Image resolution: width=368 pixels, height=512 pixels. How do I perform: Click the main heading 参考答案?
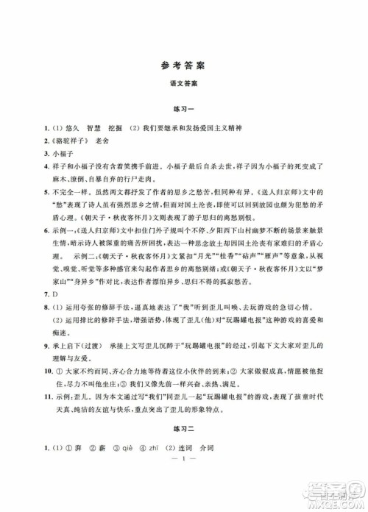coord(184,64)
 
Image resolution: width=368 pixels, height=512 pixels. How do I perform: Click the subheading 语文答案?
coord(184,85)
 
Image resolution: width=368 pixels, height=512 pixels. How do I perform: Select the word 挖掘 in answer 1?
coord(111,129)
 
